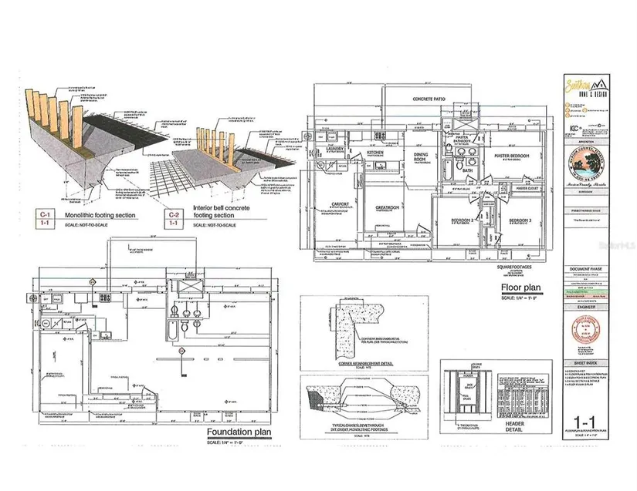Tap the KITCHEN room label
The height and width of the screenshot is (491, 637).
(376, 153)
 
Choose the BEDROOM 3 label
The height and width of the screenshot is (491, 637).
(522, 222)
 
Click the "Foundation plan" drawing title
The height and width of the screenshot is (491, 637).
(239, 432)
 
